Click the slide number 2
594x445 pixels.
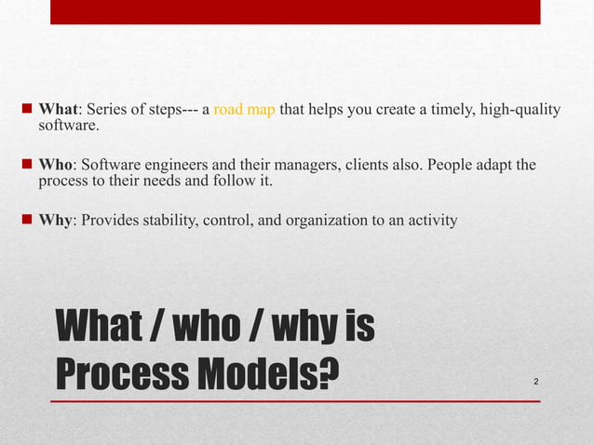537,382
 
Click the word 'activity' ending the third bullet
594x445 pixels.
432,221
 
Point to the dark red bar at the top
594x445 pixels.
294,11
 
